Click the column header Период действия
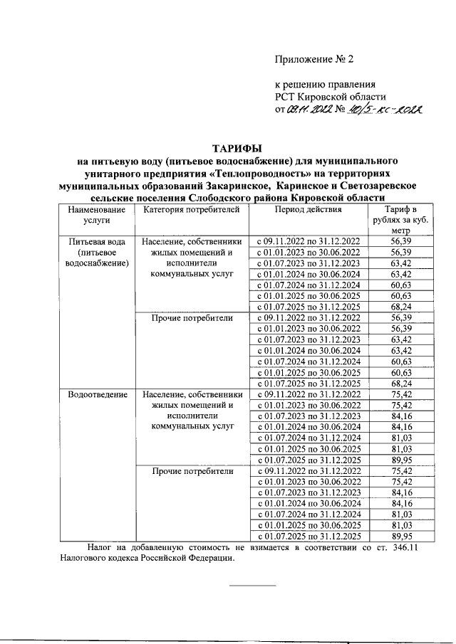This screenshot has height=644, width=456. tap(309, 210)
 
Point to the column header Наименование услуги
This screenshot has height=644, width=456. tap(97, 215)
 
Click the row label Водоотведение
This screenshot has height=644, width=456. tap(97, 394)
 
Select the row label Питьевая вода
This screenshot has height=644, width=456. tap(97, 242)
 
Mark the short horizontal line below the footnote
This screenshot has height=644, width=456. tap(252, 586)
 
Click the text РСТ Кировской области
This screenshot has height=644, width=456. tap(331, 97)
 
